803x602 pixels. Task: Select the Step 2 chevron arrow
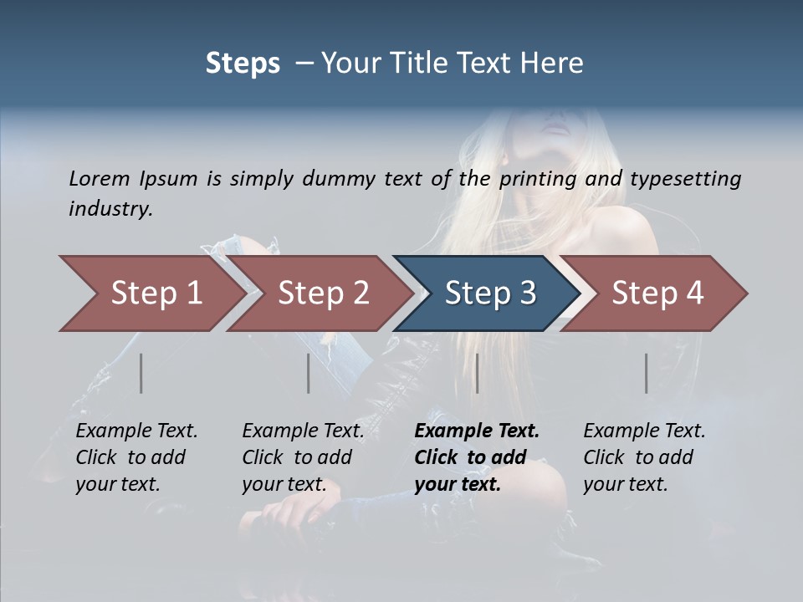click(322, 293)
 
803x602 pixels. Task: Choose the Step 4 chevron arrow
click(656, 293)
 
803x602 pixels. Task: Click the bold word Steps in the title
click(243, 64)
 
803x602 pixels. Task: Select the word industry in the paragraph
click(110, 209)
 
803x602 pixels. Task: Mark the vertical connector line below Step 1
click(141, 373)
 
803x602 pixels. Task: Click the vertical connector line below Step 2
click(309, 373)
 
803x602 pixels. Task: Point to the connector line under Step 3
click(477, 373)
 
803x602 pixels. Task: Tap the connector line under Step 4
click(646, 373)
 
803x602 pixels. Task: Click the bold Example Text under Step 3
click(477, 431)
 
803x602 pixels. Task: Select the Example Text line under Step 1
click(136, 431)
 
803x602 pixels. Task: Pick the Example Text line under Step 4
click(644, 431)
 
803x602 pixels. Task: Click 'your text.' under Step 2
click(284, 485)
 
